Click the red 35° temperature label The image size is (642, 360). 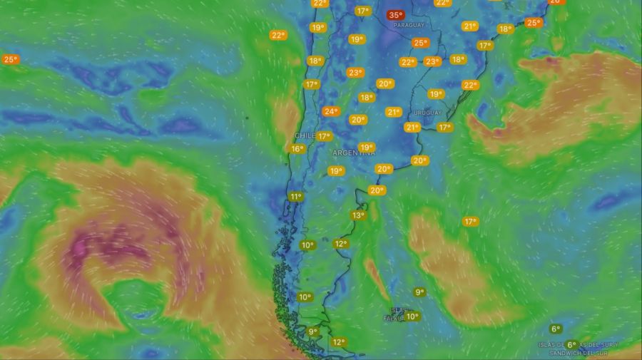click(395, 15)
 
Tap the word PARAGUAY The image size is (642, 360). click(408, 24)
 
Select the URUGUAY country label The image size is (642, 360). click(427, 113)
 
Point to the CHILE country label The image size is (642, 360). click(305, 135)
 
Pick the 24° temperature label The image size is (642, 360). click(330, 111)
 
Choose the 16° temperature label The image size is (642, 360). click(297, 149)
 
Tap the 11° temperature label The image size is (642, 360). click(295, 197)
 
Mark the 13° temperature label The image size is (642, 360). click(357, 215)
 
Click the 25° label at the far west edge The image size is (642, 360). click(10, 59)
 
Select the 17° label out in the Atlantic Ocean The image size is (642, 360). click(470, 222)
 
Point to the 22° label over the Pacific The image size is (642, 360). click(277, 35)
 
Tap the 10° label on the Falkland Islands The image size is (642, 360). click(412, 317)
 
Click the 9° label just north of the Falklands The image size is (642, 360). click(419, 292)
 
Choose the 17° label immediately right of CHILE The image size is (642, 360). click(325, 136)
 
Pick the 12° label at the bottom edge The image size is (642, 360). click(338, 342)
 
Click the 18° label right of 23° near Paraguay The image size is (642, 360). click(458, 60)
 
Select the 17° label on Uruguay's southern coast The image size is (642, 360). click(444, 128)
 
